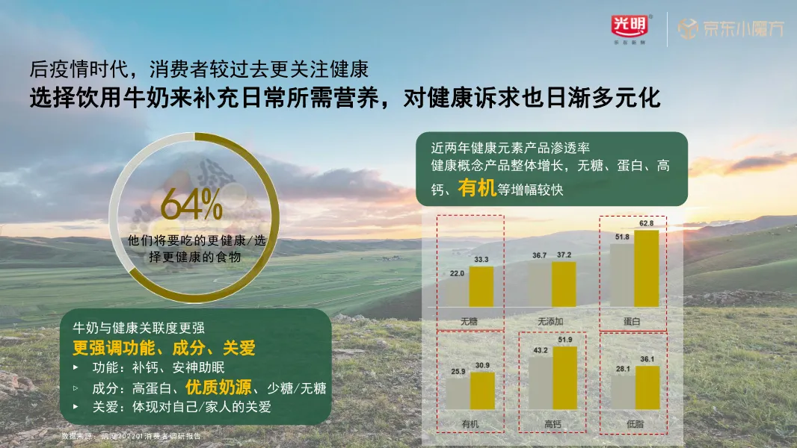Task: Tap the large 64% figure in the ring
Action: click(191, 205)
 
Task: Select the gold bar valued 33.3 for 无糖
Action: click(481, 286)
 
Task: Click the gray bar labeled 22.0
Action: click(458, 292)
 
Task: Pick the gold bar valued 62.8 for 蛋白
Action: click(646, 268)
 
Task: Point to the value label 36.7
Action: click(539, 255)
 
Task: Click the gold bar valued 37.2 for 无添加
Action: click(563, 284)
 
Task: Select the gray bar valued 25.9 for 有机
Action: click(458, 399)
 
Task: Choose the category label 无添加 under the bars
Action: click(550, 321)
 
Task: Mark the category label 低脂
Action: click(634, 425)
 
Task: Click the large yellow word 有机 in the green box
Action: click(477, 188)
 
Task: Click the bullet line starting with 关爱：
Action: click(170, 407)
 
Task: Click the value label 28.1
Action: click(622, 369)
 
